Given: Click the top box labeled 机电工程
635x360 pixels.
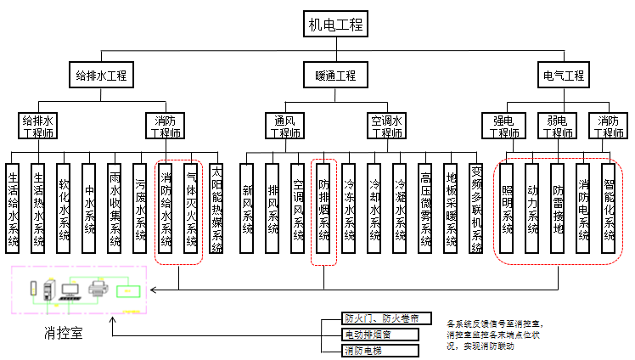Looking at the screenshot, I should click(336, 25).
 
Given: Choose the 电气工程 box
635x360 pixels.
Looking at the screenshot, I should click(564, 76).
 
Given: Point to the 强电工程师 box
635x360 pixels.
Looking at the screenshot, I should click(503, 127).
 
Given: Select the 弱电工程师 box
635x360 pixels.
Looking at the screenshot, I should click(556, 127).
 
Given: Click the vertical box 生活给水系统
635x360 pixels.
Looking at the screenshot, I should click(13, 208).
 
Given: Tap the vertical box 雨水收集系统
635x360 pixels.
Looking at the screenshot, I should click(115, 208).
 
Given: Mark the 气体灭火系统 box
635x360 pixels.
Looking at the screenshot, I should click(192, 208).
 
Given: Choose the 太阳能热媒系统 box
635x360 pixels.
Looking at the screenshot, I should click(216, 208).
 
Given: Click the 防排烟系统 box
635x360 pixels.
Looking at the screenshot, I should click(323, 208).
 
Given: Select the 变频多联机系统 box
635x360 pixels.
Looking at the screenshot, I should click(477, 208).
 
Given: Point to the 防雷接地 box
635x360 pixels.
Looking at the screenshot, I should click(557, 208).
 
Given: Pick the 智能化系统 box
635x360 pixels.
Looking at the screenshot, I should click(608, 208).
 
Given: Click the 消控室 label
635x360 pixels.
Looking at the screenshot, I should click(65, 334).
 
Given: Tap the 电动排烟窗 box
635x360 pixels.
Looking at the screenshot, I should click(379, 334).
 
